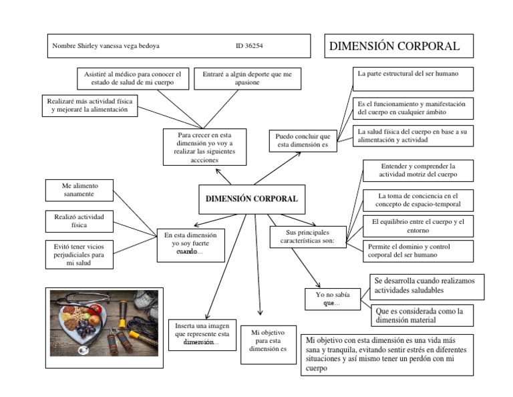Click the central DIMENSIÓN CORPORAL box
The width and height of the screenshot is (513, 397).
click(x=250, y=198)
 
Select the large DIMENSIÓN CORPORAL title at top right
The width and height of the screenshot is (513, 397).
click(x=394, y=46)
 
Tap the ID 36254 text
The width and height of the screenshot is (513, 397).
click(x=249, y=46)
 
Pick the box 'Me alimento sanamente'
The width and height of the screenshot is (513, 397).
click(x=78, y=190)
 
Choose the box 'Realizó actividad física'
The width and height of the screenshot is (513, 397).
click(x=79, y=221)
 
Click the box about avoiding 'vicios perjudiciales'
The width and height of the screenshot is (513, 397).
click(x=79, y=254)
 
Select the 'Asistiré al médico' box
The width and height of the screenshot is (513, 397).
click(x=133, y=78)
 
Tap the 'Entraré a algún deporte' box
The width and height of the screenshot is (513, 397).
click(x=247, y=78)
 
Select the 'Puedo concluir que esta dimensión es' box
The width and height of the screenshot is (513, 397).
click(x=303, y=140)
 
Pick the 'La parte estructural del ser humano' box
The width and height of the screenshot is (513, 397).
click(x=413, y=78)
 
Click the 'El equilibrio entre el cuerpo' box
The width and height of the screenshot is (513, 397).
click(x=417, y=225)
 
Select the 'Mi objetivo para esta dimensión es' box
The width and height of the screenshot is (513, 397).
click(x=268, y=344)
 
